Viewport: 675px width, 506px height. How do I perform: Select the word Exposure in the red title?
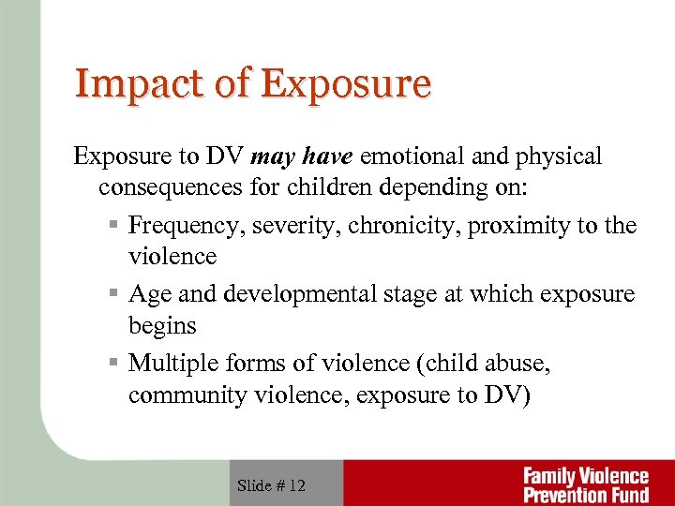pyautogui.click(x=347, y=83)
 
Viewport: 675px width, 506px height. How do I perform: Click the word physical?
pyautogui.click(x=560, y=156)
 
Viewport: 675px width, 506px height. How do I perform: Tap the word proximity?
pyautogui.click(x=515, y=227)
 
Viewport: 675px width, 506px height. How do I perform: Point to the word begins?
pyautogui.click(x=162, y=326)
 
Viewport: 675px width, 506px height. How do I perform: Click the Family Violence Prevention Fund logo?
pyautogui.click(x=585, y=484)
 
